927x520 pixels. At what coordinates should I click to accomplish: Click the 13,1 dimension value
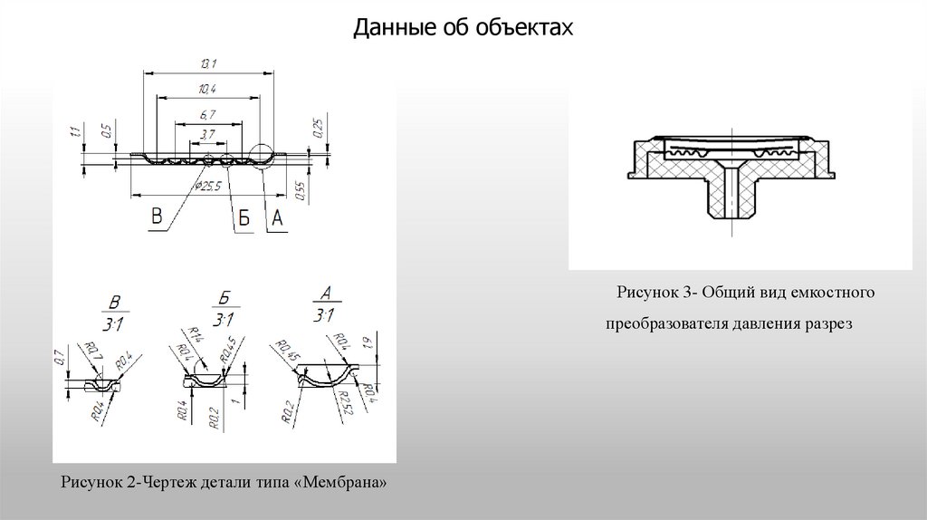pyautogui.click(x=208, y=63)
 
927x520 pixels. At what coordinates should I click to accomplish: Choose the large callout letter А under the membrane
pyautogui.click(x=277, y=218)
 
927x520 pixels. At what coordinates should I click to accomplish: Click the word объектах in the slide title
pyautogui.click(x=533, y=30)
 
